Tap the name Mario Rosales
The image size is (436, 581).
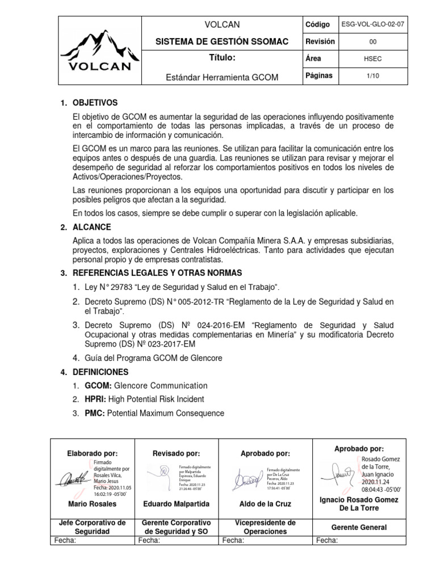(x=92, y=504)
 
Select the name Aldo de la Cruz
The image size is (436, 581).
(x=262, y=504)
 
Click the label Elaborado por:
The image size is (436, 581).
(x=93, y=453)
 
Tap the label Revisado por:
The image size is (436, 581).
(x=177, y=453)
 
